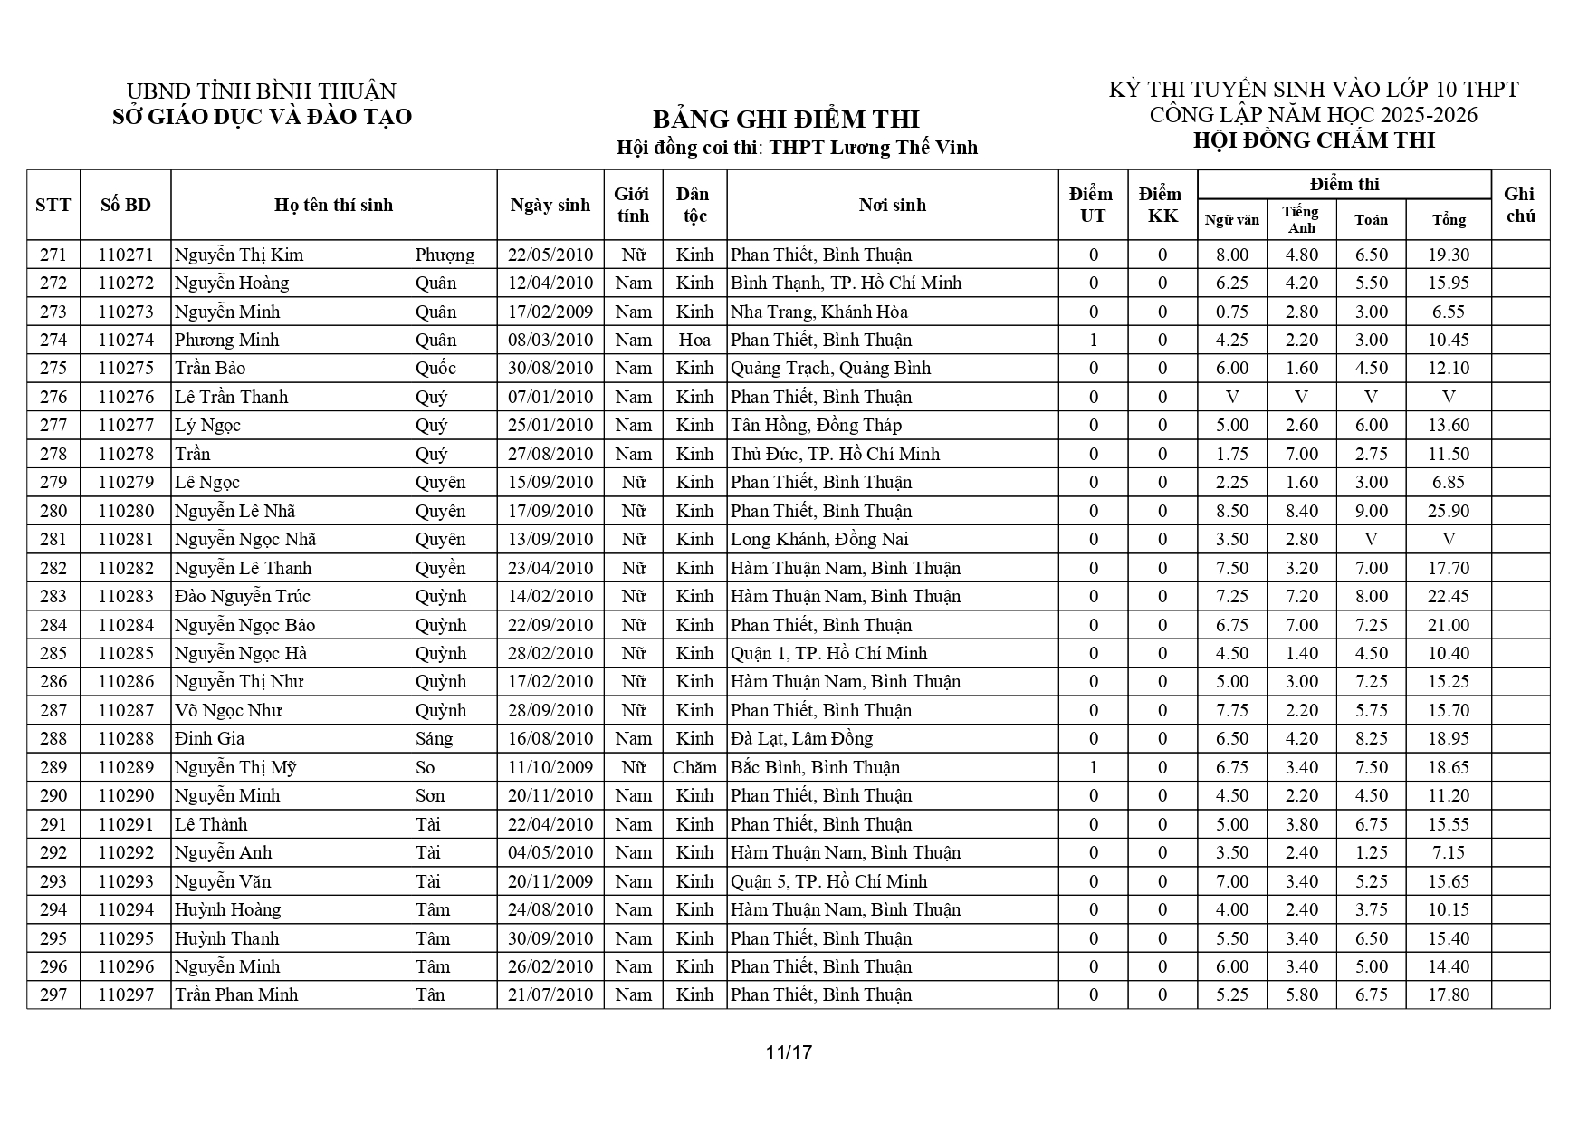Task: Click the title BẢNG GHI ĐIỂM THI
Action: [x=785, y=120]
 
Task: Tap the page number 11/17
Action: [x=789, y=1052]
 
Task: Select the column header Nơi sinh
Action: [x=892, y=205]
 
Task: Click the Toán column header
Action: [x=1371, y=219]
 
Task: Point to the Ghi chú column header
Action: [x=1519, y=205]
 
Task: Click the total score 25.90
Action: [x=1448, y=511]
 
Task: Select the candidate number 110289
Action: [x=126, y=767]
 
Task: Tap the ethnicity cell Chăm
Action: [x=694, y=767]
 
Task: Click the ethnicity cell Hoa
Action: [x=694, y=340]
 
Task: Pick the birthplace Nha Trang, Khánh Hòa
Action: [x=819, y=312]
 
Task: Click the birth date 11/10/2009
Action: [x=550, y=767]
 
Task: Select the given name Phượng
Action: [x=445, y=255]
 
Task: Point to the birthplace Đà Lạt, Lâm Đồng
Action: [x=802, y=738]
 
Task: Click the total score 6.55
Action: [x=1448, y=312]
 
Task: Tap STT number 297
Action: [x=53, y=994]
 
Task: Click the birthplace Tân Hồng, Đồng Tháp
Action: [x=817, y=425]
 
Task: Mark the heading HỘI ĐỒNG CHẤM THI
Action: [x=1314, y=140]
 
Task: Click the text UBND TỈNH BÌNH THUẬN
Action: [x=261, y=91]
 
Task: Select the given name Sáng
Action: [x=435, y=738]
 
